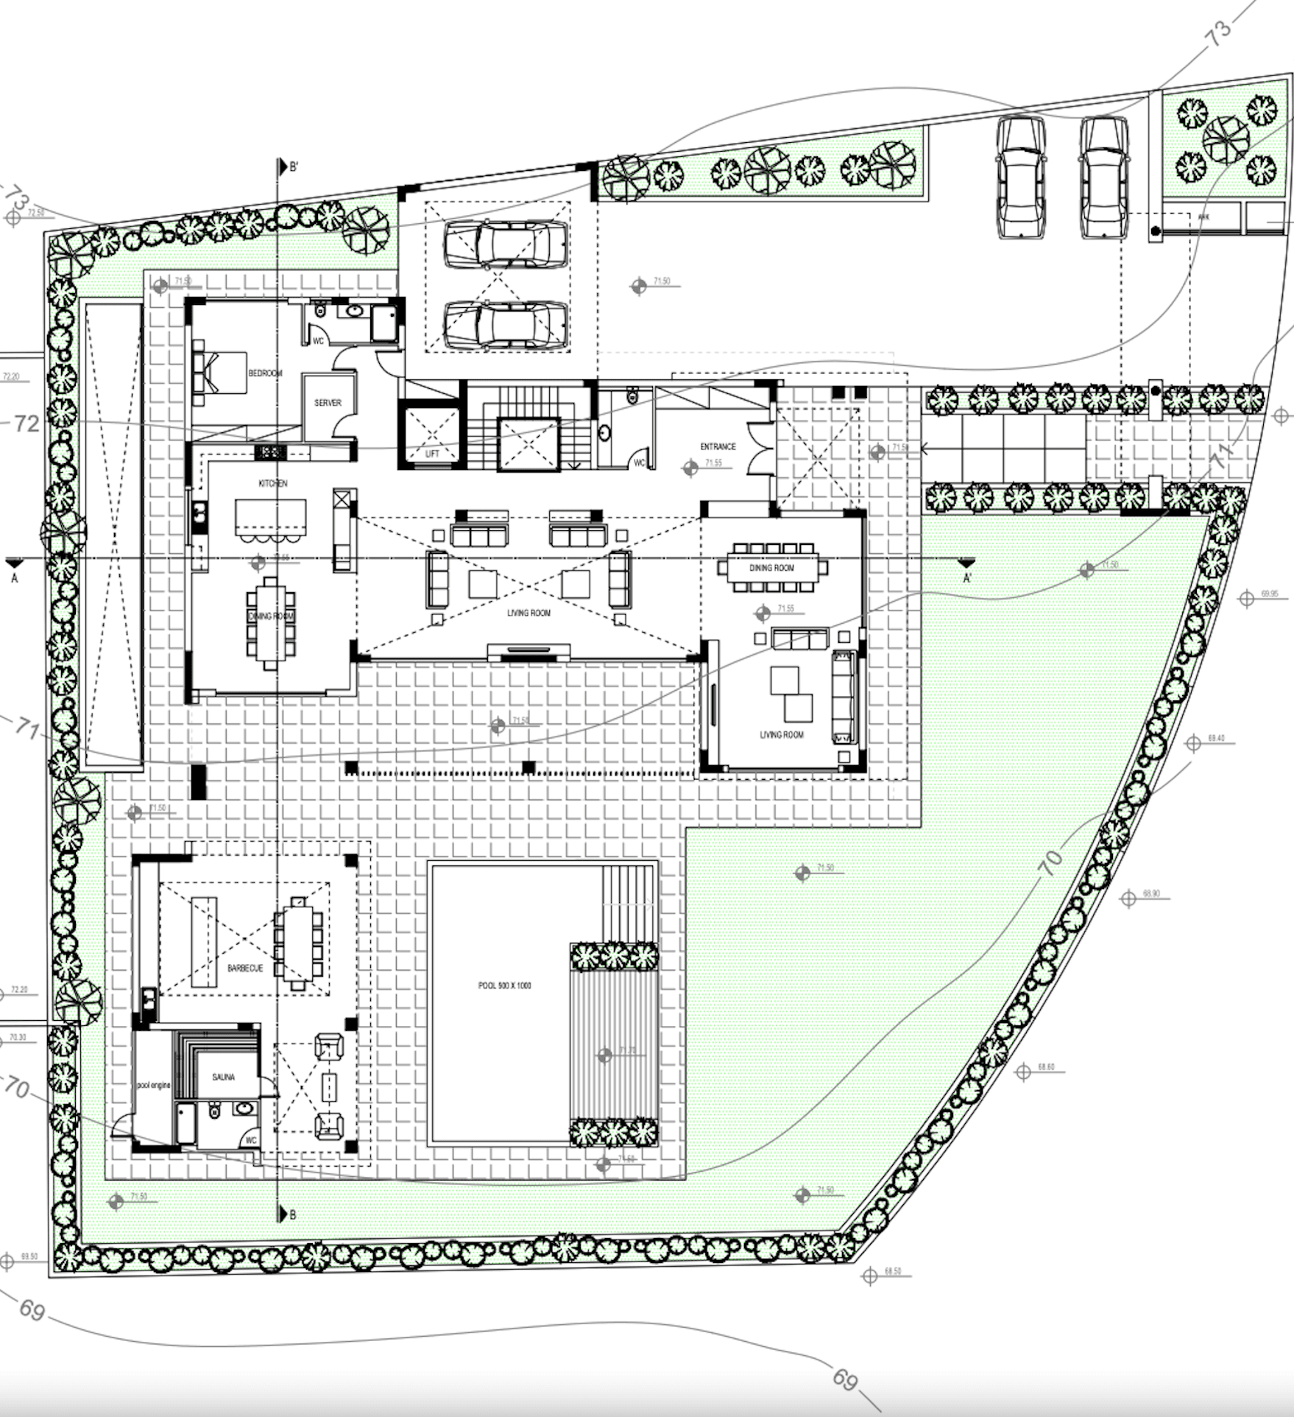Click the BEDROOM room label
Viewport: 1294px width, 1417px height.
point(265,373)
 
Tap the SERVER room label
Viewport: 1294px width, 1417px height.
point(328,403)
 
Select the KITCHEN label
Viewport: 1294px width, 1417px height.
point(272,483)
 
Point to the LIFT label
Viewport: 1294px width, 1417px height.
point(432,454)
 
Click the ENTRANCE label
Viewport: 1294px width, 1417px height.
point(718,446)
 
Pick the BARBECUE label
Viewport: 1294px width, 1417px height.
point(245,968)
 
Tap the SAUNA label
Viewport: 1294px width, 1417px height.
point(224,1077)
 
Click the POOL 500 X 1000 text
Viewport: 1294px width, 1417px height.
point(504,985)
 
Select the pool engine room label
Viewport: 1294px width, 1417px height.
point(153,1086)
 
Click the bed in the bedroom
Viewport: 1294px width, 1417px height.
point(219,373)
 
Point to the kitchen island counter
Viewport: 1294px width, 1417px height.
point(270,517)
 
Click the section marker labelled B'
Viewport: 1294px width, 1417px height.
point(293,168)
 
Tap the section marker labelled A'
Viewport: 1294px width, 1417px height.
point(966,577)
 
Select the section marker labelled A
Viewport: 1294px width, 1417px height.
point(14,578)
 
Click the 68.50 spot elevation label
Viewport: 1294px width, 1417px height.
point(893,1271)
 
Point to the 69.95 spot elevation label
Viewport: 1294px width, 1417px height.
point(1270,594)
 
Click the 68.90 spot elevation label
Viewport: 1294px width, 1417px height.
point(1151,893)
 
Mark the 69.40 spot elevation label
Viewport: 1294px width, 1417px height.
point(1216,738)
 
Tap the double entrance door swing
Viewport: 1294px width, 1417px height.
point(757,449)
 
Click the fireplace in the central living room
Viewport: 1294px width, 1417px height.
point(528,651)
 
